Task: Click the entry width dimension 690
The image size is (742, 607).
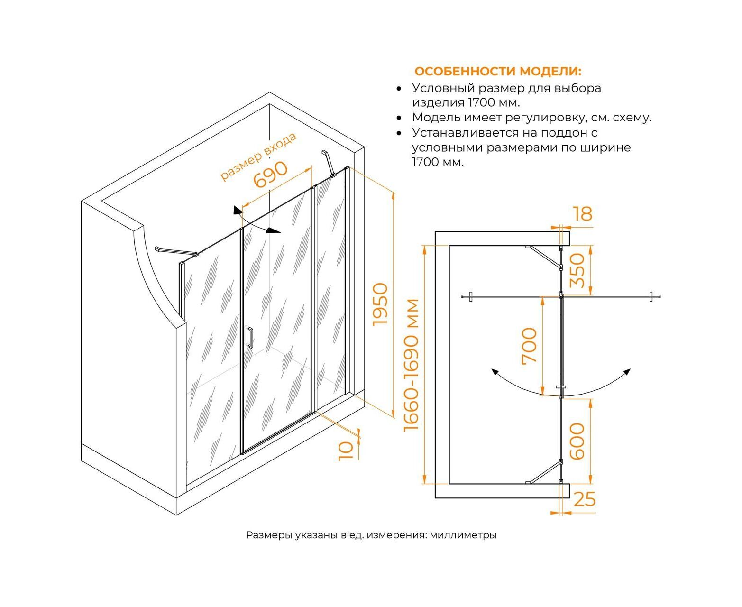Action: pyautogui.click(x=271, y=175)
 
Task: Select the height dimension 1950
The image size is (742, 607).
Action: pyautogui.click(x=380, y=303)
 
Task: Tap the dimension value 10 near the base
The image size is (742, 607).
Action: pyautogui.click(x=347, y=450)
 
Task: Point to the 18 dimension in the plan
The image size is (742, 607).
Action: pyautogui.click(x=583, y=214)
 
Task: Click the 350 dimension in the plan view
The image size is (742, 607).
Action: pyautogui.click(x=577, y=270)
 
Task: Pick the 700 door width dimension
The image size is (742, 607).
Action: pyautogui.click(x=530, y=345)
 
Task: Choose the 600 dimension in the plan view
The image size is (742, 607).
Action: pyautogui.click(x=577, y=441)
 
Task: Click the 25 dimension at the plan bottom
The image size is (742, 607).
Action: pyautogui.click(x=584, y=499)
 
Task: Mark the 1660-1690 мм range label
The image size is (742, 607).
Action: pyautogui.click(x=412, y=365)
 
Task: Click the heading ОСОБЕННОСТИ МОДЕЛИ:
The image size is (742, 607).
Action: pyautogui.click(x=498, y=72)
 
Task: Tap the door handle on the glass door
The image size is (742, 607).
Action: pyautogui.click(x=250, y=338)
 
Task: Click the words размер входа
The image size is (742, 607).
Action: pyautogui.click(x=259, y=156)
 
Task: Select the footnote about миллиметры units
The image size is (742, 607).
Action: pyautogui.click(x=371, y=535)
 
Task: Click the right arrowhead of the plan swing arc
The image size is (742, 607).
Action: pyautogui.click(x=628, y=371)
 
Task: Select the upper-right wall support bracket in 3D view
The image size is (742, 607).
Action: pyautogui.click(x=329, y=162)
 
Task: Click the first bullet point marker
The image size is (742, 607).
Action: pyautogui.click(x=400, y=89)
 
